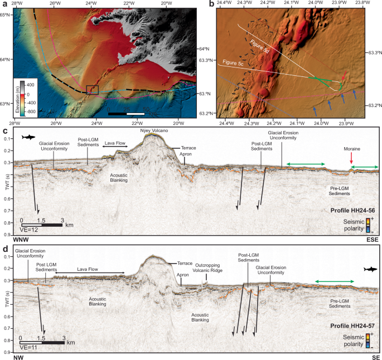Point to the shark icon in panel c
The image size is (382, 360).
tap(27, 137)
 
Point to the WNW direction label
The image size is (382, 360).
tap(11, 240)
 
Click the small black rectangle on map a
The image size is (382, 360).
tap(93, 89)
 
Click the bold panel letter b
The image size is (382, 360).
tap(211, 5)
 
